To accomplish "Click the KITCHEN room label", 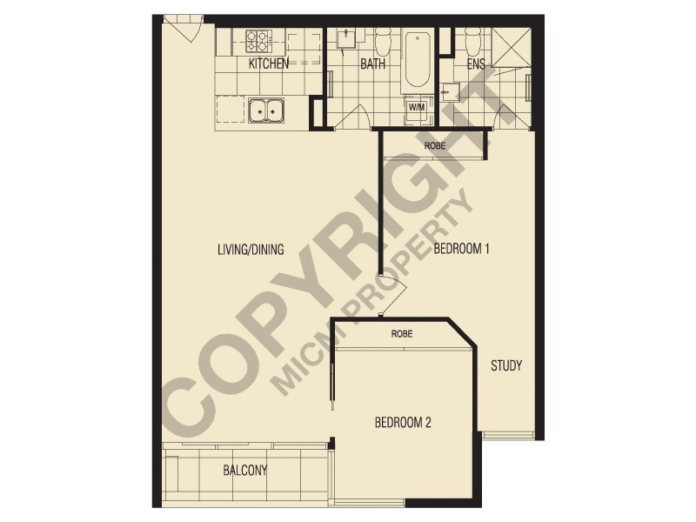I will pos(269,64).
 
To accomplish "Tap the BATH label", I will pos(374,64).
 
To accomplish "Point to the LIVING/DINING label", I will pos(251,250).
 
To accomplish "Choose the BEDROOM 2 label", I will pos(403,424).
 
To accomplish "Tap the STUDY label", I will pos(505,365).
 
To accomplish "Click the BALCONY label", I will pos(244,471).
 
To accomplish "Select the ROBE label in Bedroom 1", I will pos(434,145).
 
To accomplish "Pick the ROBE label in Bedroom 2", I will pos(401,333).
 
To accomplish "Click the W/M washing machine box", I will pos(417,107).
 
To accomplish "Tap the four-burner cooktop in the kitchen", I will pos(258,40).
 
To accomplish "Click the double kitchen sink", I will pos(266,110).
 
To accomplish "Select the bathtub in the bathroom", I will pos(418,59).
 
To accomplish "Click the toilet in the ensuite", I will pos(473,39).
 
